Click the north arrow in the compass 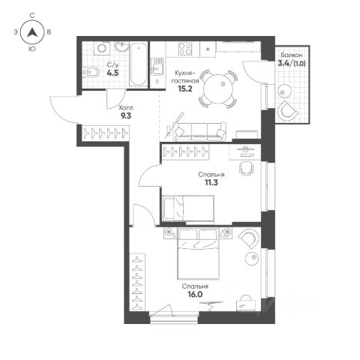(x=32, y=32)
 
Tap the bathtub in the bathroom (x=138, y=64)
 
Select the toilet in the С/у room (x=91, y=73)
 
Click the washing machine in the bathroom (x=102, y=48)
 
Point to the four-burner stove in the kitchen (x=185, y=49)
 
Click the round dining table (x=218, y=89)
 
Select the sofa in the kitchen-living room (x=200, y=131)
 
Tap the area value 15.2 (x=185, y=88)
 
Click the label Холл (x=126, y=108)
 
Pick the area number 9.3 (x=126, y=115)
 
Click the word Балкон (x=292, y=55)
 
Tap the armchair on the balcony (x=287, y=111)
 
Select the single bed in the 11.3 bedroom (x=188, y=208)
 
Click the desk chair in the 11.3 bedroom (x=247, y=168)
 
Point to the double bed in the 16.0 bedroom (x=198, y=253)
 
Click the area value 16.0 (x=195, y=295)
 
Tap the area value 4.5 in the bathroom (x=112, y=73)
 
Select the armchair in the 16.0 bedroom (x=249, y=239)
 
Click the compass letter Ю (x=32, y=49)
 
